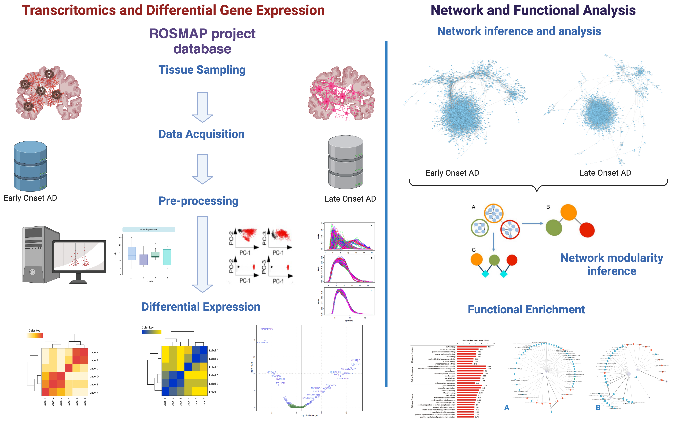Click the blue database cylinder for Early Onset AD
30,166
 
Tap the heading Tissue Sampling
202,70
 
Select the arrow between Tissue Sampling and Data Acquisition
202,107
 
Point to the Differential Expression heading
201,307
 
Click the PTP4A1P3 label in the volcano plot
267,329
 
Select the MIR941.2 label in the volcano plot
355,360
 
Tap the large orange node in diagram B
568,212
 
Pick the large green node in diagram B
554,228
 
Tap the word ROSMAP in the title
178,34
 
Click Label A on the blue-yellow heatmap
214,351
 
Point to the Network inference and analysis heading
519,31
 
